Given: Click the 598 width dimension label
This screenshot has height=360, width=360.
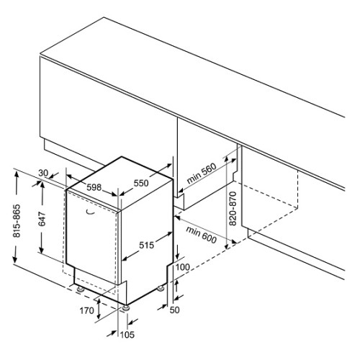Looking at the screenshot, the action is [94, 187].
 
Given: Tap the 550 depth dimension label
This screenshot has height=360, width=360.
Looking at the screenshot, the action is [141, 184].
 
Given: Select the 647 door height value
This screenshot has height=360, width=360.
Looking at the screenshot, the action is [42, 219].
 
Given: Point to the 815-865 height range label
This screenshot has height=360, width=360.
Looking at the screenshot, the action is [17, 221].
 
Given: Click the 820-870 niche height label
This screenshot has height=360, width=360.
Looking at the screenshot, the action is [233, 209].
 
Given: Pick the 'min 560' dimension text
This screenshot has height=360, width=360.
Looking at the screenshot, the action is [202, 173].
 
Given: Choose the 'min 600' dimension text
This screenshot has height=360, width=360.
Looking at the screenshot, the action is [201, 235].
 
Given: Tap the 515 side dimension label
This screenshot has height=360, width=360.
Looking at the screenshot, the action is [146, 246].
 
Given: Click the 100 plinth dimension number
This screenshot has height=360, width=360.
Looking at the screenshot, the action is [183, 267].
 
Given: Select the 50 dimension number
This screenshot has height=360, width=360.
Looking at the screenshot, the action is [174, 310].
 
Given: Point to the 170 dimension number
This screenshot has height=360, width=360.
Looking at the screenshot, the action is [86, 311].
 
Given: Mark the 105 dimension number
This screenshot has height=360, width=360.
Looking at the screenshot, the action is [127, 335].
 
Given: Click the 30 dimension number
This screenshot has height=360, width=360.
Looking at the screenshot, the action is [43, 173].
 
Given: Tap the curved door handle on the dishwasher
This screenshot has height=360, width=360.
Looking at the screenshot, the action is [90, 212].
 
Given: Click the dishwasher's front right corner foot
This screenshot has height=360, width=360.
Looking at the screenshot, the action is [125, 308].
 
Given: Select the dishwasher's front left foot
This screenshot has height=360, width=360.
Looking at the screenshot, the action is [80, 289].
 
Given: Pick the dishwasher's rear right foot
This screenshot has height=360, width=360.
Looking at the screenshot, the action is [161, 288].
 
